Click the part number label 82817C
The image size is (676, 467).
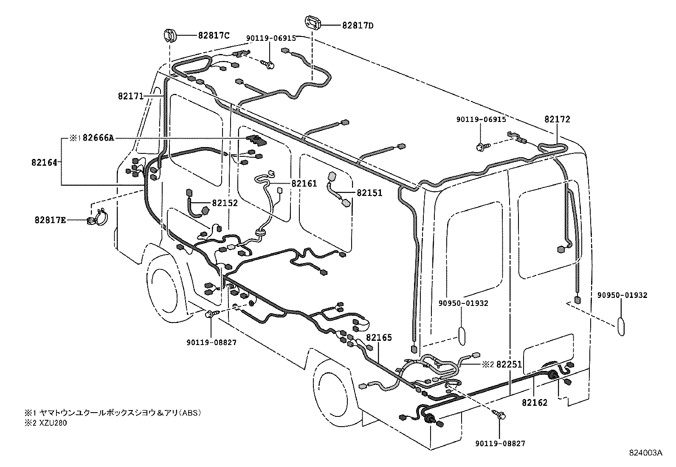click(x=214, y=35)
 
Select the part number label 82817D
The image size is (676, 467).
click(x=358, y=25)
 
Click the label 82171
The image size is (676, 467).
click(x=131, y=96)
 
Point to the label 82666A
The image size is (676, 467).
click(x=98, y=138)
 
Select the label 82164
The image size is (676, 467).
click(x=44, y=162)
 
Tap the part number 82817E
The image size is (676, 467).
click(x=51, y=220)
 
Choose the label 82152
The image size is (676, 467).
click(x=225, y=203)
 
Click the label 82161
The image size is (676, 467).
click(x=304, y=184)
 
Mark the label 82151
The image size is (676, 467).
click(x=369, y=193)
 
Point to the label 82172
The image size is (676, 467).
click(x=557, y=119)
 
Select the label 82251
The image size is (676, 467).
click(x=509, y=365)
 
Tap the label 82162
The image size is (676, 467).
click(x=535, y=402)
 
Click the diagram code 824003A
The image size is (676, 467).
click(x=645, y=453)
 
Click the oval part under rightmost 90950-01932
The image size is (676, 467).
click(x=621, y=326)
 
